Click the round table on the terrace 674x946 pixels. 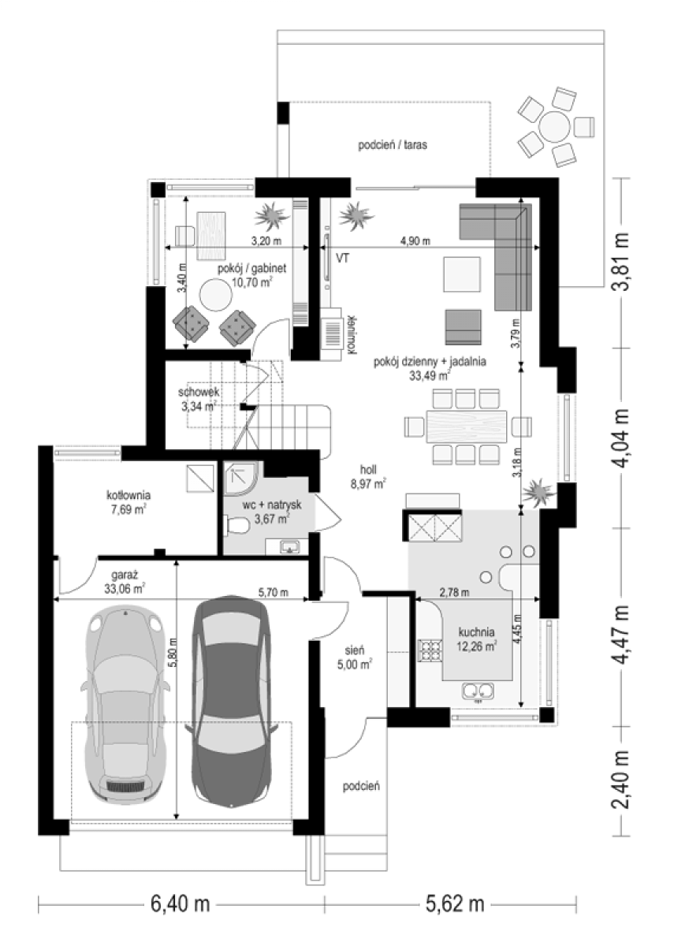point(554,126)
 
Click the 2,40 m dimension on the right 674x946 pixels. point(622,778)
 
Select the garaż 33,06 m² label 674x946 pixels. point(125,582)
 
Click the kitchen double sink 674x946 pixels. point(479,691)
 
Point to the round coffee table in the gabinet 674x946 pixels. point(216,295)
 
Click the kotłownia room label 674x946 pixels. point(128,501)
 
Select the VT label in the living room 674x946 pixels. point(343,258)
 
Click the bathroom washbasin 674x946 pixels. point(289,546)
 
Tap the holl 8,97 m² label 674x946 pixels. point(368,476)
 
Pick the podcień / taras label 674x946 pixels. point(393,145)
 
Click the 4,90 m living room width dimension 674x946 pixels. point(415,241)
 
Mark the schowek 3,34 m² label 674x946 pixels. point(199,399)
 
